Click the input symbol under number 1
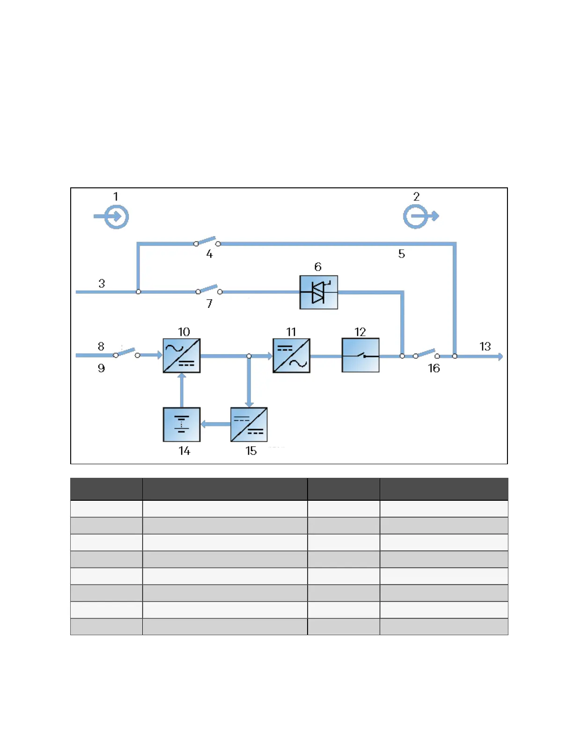click(114, 216)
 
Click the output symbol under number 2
click(418, 216)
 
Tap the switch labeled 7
click(209, 289)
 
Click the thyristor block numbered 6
click(318, 292)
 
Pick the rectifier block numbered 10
click(182, 356)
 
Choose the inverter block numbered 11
click(291, 356)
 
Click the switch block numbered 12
click(360, 356)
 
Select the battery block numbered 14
click(182, 424)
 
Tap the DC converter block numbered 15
click(249, 424)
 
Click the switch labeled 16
click(426, 354)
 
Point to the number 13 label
click(485, 347)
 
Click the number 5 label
click(402, 254)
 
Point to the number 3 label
click(102, 283)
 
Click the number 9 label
click(101, 368)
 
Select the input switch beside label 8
click(126, 353)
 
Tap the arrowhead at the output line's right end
click(500, 356)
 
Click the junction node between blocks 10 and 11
click(249, 356)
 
